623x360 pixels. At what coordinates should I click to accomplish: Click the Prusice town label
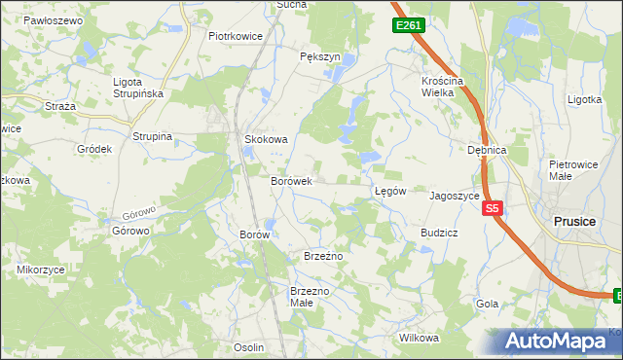pyautogui.click(x=573, y=221)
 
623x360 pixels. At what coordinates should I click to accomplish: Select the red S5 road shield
pyautogui.click(x=493, y=208)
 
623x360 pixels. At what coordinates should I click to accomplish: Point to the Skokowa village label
pyautogui.click(x=266, y=139)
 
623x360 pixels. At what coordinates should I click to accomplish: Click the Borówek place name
pyautogui.click(x=290, y=181)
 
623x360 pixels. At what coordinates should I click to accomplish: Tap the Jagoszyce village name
pyautogui.click(x=455, y=195)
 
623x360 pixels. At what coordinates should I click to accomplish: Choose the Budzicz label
pyautogui.click(x=439, y=234)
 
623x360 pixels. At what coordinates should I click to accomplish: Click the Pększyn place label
pyautogui.click(x=320, y=56)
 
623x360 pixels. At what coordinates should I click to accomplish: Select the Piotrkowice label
pyautogui.click(x=237, y=36)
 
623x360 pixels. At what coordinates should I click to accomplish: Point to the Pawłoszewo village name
pyautogui.click(x=51, y=19)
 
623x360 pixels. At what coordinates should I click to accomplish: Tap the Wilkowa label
pyautogui.click(x=420, y=338)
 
